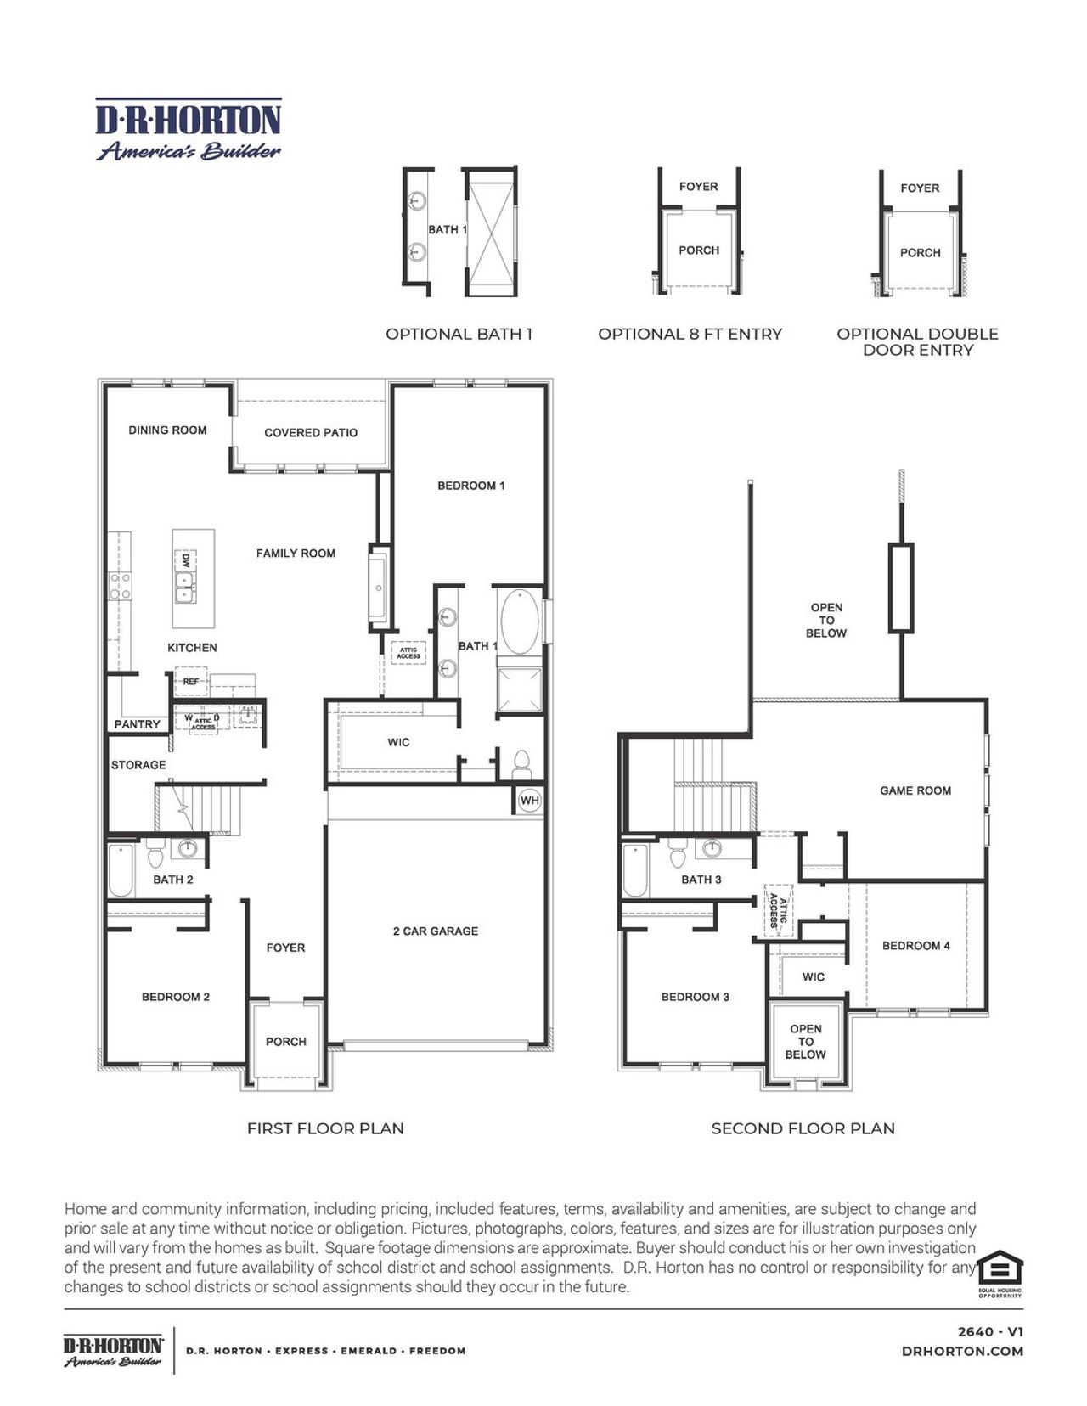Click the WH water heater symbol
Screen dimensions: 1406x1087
[529, 800]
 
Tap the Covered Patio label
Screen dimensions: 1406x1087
[311, 432]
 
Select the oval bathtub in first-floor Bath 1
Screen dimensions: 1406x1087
[520, 621]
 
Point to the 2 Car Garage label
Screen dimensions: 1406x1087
[435, 931]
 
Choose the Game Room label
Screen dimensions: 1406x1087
[915, 790]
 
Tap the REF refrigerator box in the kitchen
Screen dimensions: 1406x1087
[191, 681]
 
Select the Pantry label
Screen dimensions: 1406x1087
[137, 724]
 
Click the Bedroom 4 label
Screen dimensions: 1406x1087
[915, 945]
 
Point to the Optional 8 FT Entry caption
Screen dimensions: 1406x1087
[690, 334]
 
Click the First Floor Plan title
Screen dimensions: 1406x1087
[325, 1128]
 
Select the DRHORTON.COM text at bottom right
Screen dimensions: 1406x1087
[962, 1351]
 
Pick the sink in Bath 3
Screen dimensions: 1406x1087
[712, 848]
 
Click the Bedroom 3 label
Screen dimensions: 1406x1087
[695, 997]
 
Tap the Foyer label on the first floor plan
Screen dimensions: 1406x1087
[285, 948]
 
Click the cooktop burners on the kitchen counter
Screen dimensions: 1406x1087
[120, 585]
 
